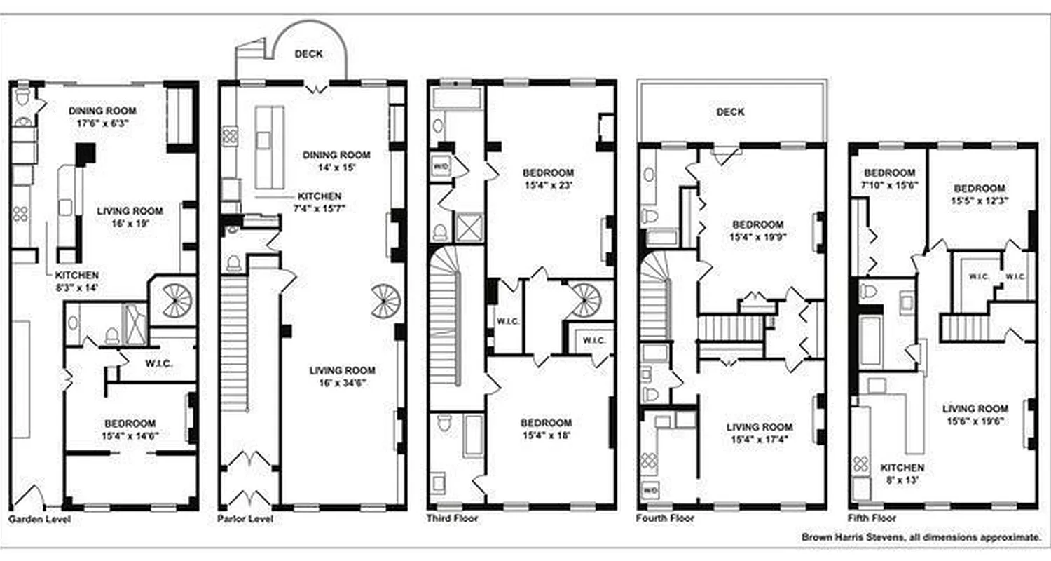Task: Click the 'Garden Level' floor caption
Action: point(39,520)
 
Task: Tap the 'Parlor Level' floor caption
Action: point(245,520)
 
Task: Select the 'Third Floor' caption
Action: point(453,518)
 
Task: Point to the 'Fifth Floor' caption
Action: point(872,518)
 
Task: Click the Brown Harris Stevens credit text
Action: point(921,537)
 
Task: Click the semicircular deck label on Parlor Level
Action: point(308,54)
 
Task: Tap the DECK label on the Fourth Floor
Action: point(730,111)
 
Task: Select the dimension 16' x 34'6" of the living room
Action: point(343,384)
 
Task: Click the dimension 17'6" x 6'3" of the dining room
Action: point(102,122)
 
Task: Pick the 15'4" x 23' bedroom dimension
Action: point(548,185)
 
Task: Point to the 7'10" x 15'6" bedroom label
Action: point(889,185)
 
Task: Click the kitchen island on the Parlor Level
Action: point(269,147)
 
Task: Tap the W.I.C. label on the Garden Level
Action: point(159,364)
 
